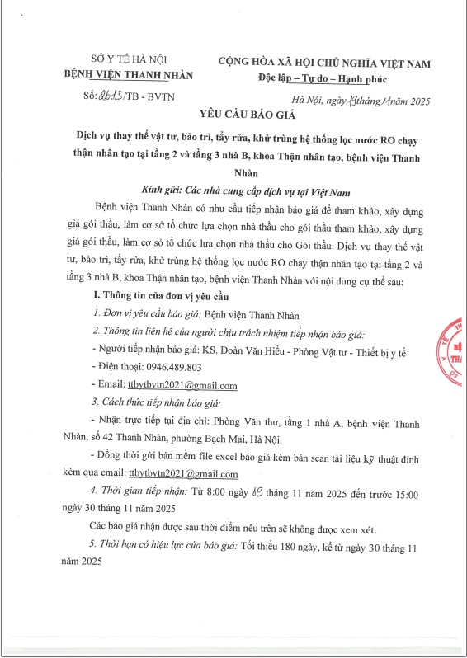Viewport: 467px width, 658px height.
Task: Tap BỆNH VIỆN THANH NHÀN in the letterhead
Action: coord(128,74)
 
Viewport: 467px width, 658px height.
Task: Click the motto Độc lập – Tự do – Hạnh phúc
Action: coord(327,78)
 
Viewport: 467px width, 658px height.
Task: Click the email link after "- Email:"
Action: coord(182,385)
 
